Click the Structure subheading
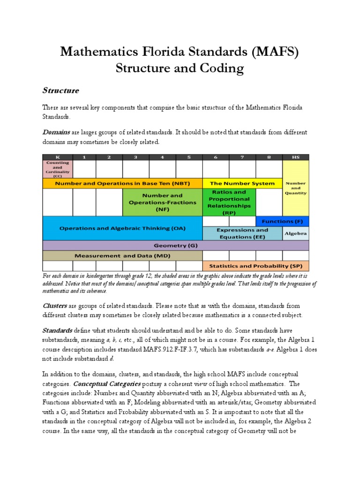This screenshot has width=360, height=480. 61,90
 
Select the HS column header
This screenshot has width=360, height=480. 296,157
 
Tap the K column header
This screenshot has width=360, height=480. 57,157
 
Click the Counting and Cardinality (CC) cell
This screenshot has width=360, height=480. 57,169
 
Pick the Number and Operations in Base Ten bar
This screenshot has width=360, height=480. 122,183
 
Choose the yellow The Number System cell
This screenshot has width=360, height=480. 242,183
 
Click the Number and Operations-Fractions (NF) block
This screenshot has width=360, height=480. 162,202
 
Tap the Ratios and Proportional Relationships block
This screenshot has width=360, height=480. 229,202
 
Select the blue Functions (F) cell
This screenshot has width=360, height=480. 282,221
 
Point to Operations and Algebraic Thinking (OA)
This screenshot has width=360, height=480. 122,228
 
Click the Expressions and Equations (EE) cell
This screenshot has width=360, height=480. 242,233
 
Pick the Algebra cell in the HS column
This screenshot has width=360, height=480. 296,233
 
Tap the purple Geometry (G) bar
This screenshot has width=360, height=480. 176,245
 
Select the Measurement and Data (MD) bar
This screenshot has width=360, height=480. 122,255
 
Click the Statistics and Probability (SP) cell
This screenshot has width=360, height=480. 255,266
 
